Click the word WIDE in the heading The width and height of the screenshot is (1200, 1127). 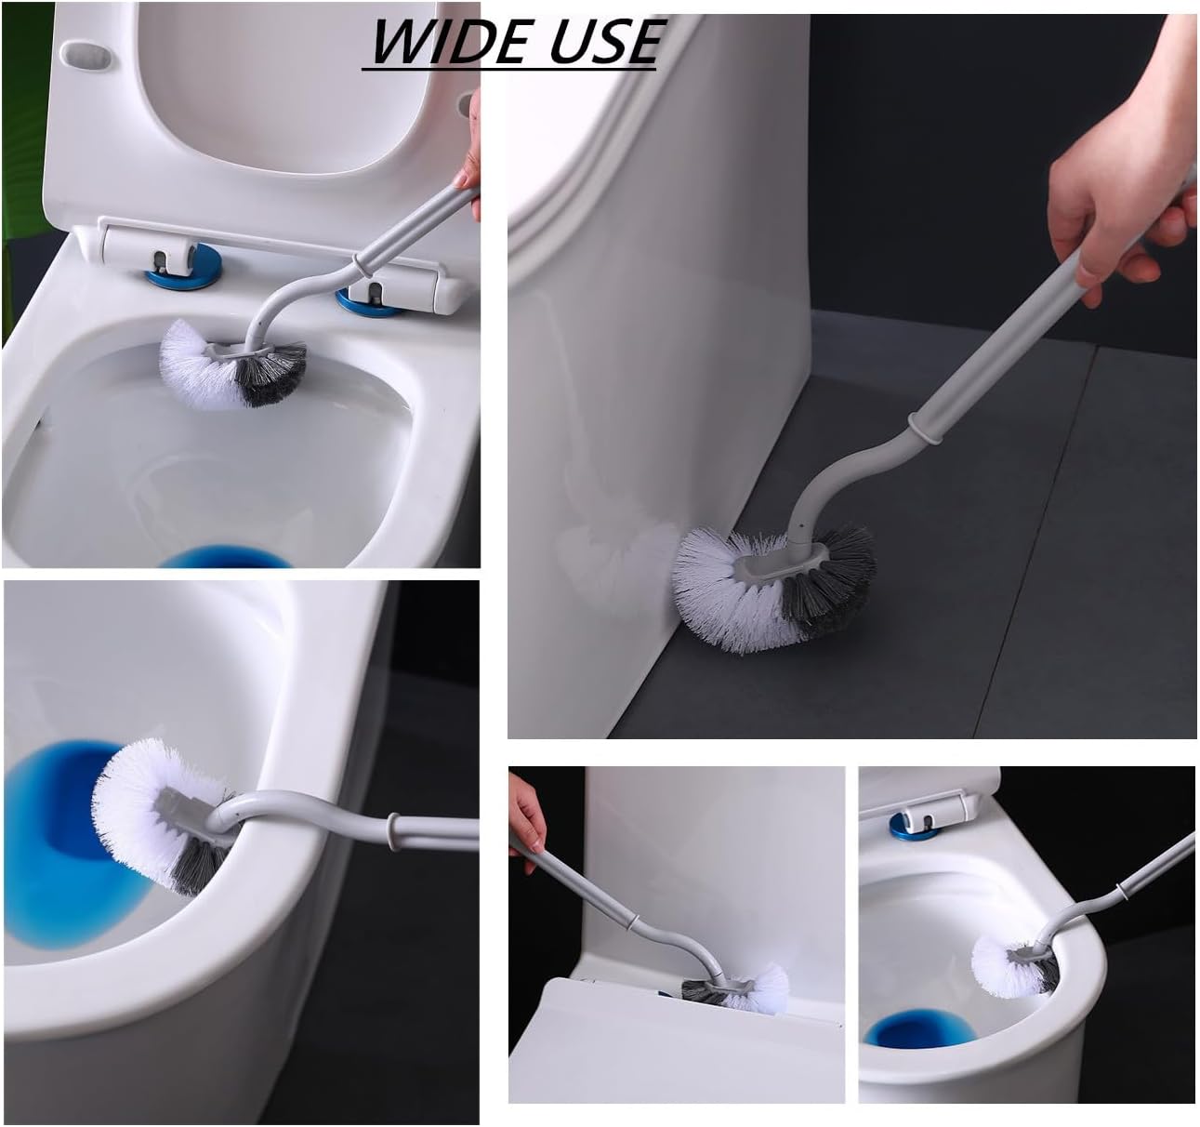(448, 42)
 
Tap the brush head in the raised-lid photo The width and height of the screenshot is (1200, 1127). (233, 365)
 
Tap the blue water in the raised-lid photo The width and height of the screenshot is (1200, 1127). (225, 556)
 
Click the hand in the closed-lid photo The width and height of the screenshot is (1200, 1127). (527, 819)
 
